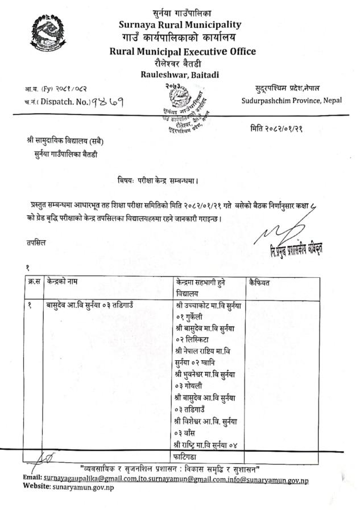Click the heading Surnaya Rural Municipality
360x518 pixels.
tap(180, 25)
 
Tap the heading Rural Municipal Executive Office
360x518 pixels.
tap(183, 51)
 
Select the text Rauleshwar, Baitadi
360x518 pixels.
tap(180, 75)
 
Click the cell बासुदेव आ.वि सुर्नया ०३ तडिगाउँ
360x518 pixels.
tap(90, 305)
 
